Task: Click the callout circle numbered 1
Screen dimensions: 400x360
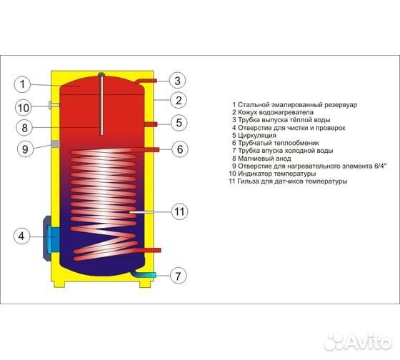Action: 22,84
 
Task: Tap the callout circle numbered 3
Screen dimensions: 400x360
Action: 178,81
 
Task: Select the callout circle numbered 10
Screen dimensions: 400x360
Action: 23,108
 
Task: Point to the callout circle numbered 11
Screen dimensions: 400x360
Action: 179,211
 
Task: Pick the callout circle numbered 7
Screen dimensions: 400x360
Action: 179,276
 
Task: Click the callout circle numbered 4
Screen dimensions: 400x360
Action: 21,236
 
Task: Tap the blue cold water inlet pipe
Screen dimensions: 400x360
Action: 144,274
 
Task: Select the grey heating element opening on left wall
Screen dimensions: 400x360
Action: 55,144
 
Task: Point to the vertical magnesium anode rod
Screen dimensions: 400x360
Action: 101,104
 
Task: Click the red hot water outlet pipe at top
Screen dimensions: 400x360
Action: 145,82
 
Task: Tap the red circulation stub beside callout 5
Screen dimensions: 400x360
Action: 151,124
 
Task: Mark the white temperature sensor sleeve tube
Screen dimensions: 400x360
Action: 141,212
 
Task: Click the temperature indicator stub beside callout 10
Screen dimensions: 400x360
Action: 54,105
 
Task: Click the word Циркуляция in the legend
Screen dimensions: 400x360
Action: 257,136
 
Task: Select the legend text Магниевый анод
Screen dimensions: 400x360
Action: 264,159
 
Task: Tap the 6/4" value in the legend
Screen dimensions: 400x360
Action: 381,166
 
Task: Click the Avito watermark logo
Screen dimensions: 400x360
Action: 357,341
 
